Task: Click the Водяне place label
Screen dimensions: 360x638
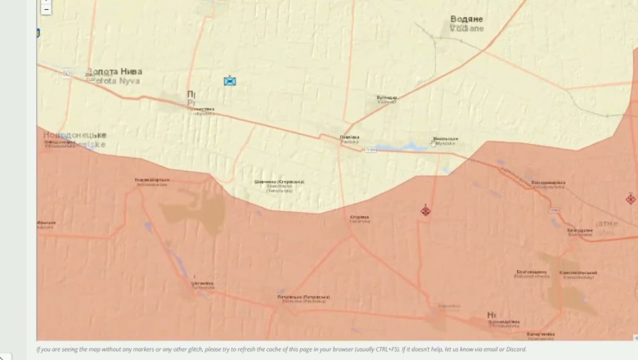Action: tap(467, 19)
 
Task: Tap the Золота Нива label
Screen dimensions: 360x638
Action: tap(114, 72)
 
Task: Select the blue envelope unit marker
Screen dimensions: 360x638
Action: tap(230, 80)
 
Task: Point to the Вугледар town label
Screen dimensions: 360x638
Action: tap(387, 97)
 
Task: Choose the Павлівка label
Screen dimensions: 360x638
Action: tap(349, 137)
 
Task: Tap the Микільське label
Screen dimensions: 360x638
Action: tap(446, 139)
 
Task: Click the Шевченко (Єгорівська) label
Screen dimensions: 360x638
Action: tap(279, 182)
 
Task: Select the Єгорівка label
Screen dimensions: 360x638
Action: tap(360, 217)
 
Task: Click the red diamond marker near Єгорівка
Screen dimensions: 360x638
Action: tap(425, 210)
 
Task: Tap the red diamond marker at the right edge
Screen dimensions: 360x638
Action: tap(631, 199)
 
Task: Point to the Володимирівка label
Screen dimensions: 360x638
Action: tap(548, 182)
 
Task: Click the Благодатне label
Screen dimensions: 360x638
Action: tap(580, 230)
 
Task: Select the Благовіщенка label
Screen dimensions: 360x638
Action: tap(532, 272)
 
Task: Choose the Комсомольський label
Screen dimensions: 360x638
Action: tap(578, 272)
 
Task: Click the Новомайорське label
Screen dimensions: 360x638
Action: tap(152, 179)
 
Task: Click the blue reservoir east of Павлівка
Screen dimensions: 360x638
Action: tap(401, 148)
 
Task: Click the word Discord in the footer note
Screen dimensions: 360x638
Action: tap(516, 349)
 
